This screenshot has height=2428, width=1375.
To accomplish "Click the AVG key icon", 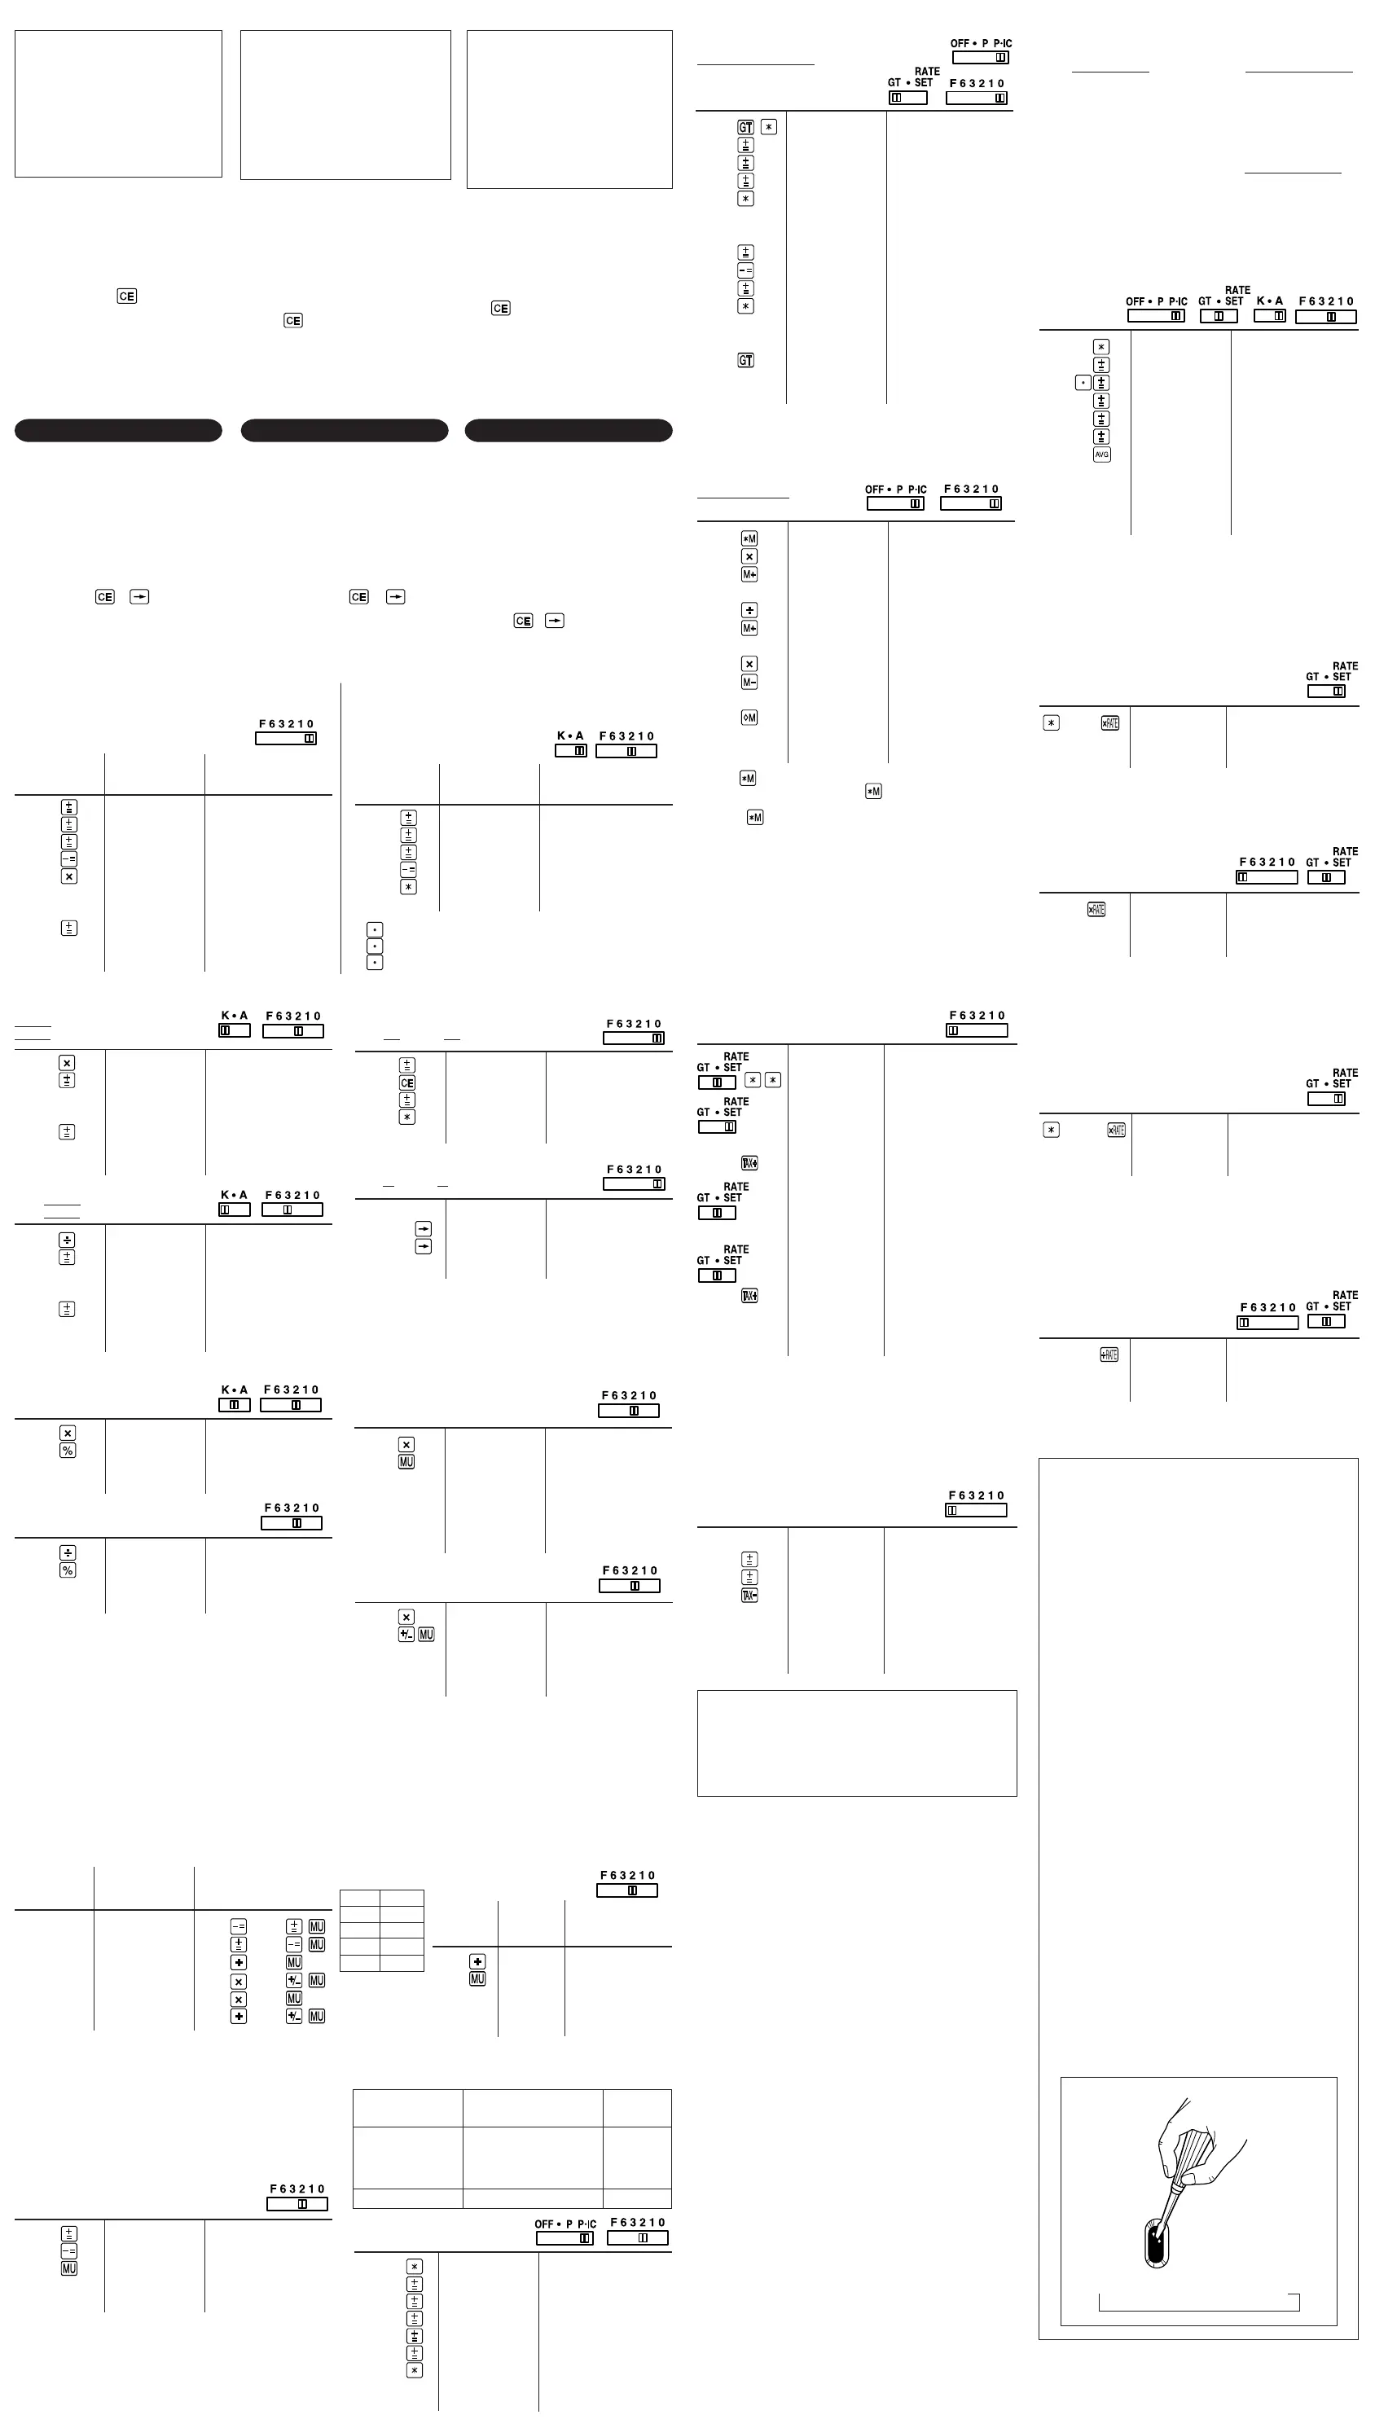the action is coord(1101,454).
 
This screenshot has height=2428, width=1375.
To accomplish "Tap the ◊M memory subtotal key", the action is coord(749,718).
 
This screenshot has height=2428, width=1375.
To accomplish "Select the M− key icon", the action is coord(749,682).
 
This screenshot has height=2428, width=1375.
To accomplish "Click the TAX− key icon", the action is coord(749,1595).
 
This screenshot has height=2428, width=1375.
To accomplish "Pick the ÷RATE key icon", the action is coord(1109,1354).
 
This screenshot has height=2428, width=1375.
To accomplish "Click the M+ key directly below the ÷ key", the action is coord(749,628).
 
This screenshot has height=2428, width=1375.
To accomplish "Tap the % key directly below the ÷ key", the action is coord(67,1570).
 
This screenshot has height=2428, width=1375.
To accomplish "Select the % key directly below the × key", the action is coord(67,1450).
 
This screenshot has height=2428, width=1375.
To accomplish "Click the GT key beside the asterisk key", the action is coord(745,126).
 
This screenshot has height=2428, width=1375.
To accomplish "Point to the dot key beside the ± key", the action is coord(1083,382).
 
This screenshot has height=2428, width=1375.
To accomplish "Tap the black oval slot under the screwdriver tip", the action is coord(1156,2241).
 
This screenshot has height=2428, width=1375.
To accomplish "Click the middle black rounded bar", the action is coord(344,431).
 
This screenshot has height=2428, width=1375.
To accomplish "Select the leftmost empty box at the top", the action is coord(118,103).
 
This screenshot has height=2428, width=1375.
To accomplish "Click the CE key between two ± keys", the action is coord(407,1082).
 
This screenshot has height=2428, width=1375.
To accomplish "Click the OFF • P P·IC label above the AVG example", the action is coord(1156,301).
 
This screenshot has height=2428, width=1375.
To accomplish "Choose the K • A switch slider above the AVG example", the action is coord(1269,316).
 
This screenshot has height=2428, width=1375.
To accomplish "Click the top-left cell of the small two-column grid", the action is coord(360,1899).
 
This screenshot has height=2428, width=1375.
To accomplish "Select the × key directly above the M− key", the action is coord(749,664).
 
